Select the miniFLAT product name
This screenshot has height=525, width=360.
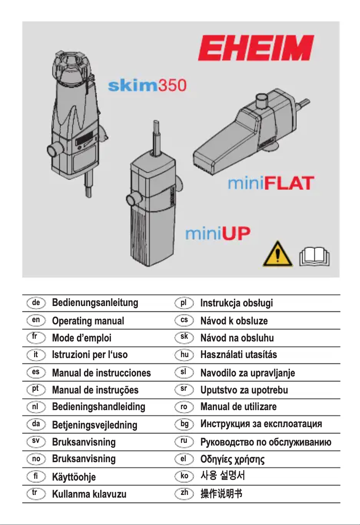[270, 184]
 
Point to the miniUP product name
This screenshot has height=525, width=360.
[218, 234]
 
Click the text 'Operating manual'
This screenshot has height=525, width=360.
[88, 321]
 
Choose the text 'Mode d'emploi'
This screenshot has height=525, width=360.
[82, 338]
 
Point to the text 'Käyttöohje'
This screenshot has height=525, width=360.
[74, 477]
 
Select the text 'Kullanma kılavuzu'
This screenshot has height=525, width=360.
[89, 494]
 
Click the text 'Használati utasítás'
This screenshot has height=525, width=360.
[238, 355]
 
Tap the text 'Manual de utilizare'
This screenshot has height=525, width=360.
[238, 407]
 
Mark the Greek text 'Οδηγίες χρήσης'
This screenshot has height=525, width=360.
[233, 459]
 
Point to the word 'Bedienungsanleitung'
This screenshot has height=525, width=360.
[95, 303]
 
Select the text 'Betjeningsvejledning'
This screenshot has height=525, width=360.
[95, 424]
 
